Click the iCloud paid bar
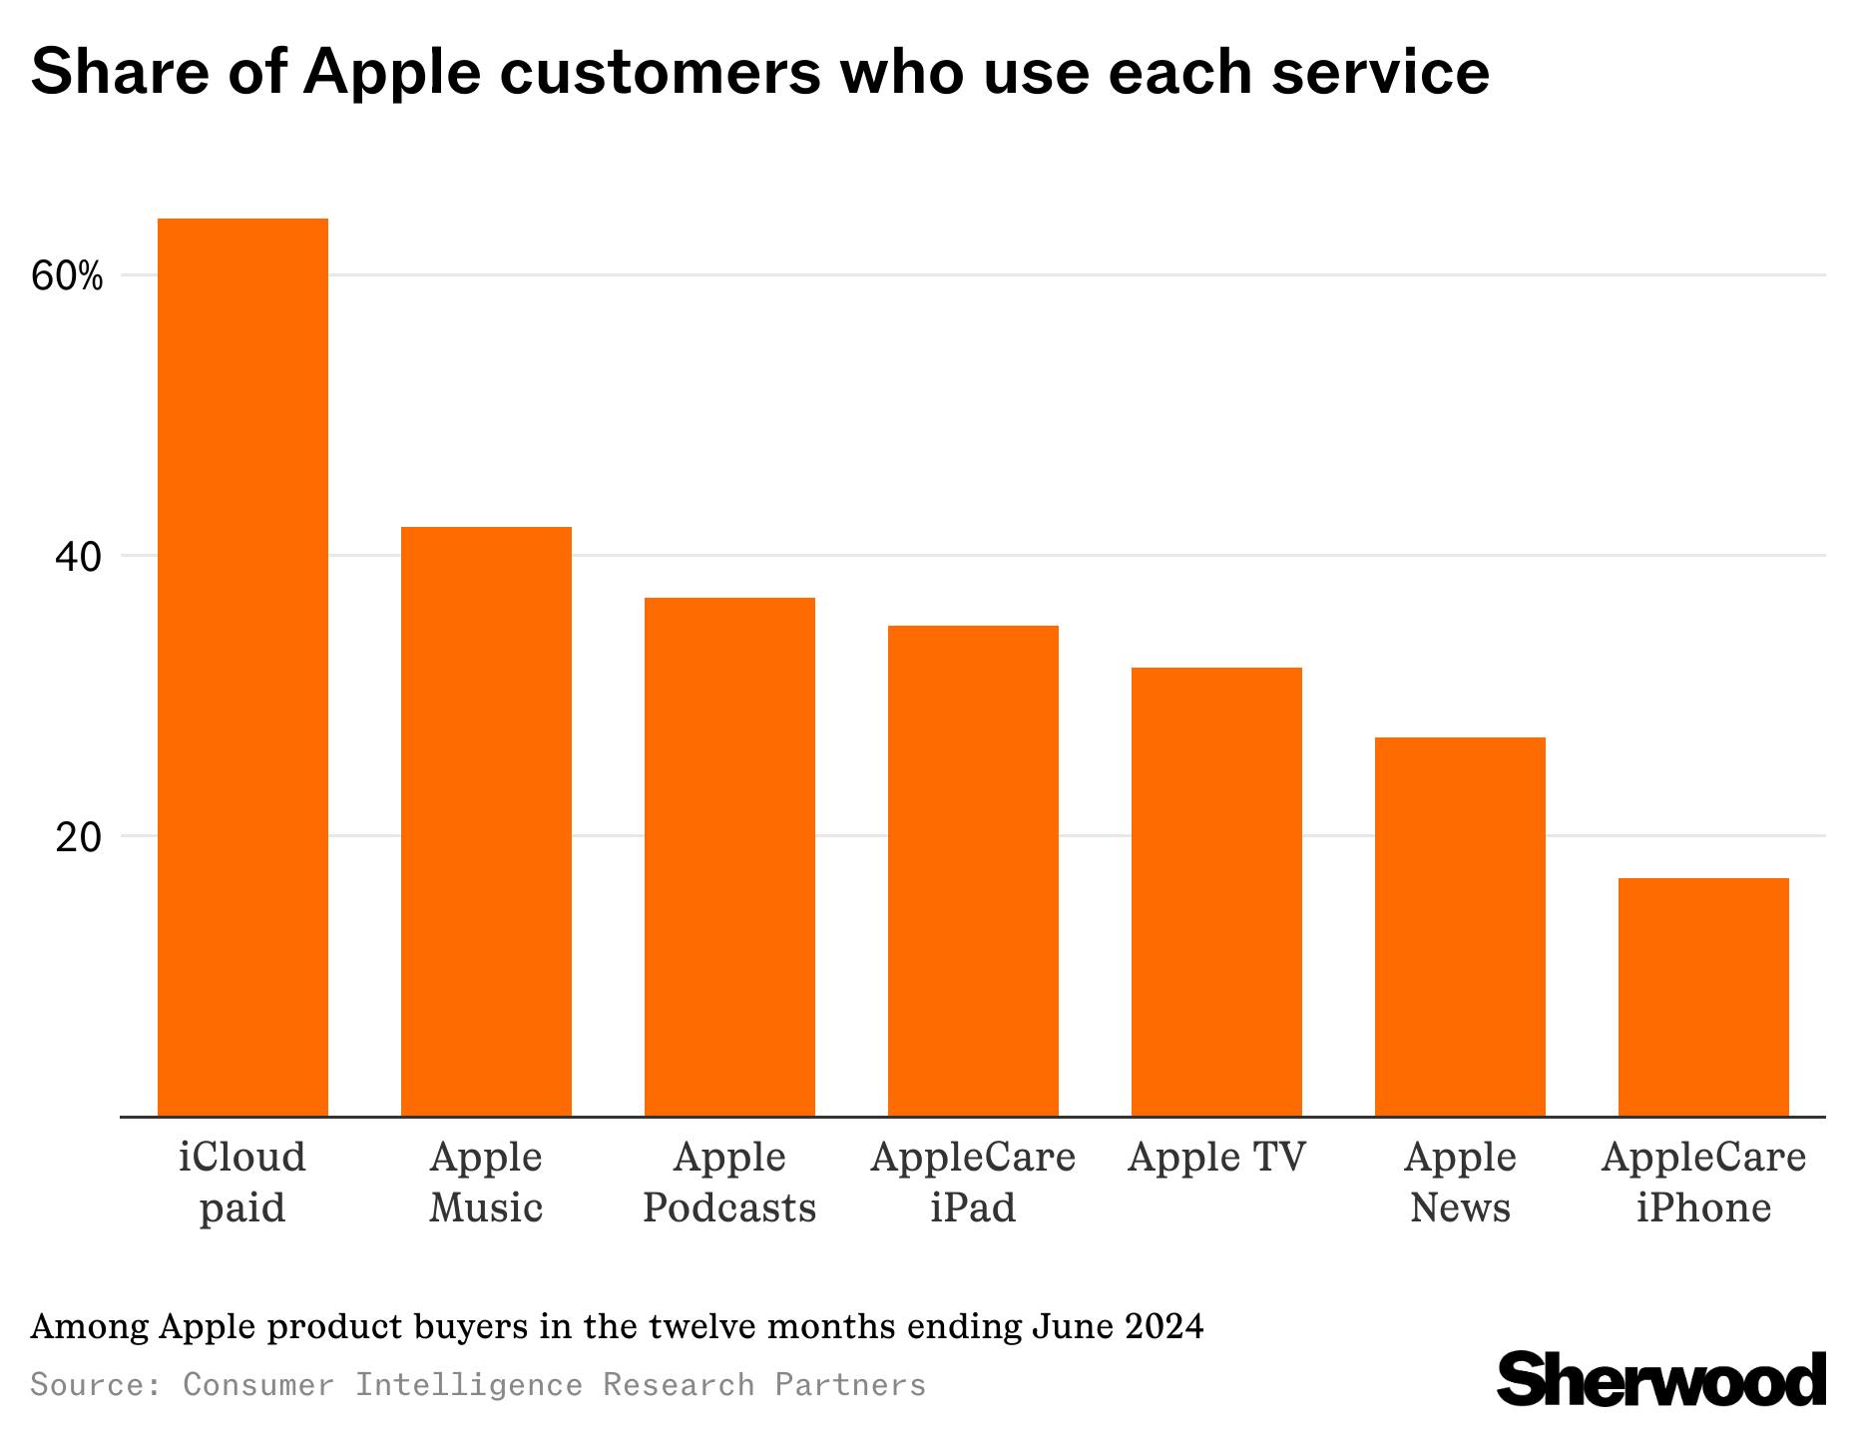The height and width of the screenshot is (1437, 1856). pos(242,667)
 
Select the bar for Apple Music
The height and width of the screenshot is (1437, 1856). pos(486,820)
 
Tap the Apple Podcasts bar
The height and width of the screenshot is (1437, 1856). pos(729,856)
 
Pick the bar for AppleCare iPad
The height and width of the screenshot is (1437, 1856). pos(973,870)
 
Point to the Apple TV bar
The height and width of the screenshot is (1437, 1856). pos(1216,891)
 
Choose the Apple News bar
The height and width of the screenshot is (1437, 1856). pos(1460,926)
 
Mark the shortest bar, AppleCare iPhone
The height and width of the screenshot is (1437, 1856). pos(1703,996)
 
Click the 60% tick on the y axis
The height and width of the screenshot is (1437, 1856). pos(67,277)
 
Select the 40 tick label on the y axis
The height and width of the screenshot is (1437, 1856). pos(78,557)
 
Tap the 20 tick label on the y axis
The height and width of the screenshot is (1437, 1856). pos(78,837)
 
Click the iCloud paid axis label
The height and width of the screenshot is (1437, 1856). pos(242,1183)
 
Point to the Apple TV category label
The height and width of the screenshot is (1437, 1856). pos(1216,1158)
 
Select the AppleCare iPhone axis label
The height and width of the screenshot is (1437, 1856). pos(1703,1183)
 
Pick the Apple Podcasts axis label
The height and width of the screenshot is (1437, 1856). pos(729,1183)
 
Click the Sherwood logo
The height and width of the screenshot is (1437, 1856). pos(1661,1381)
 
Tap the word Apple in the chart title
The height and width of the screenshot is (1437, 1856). pos(389,72)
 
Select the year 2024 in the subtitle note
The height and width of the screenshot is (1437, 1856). pos(1164,1327)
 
